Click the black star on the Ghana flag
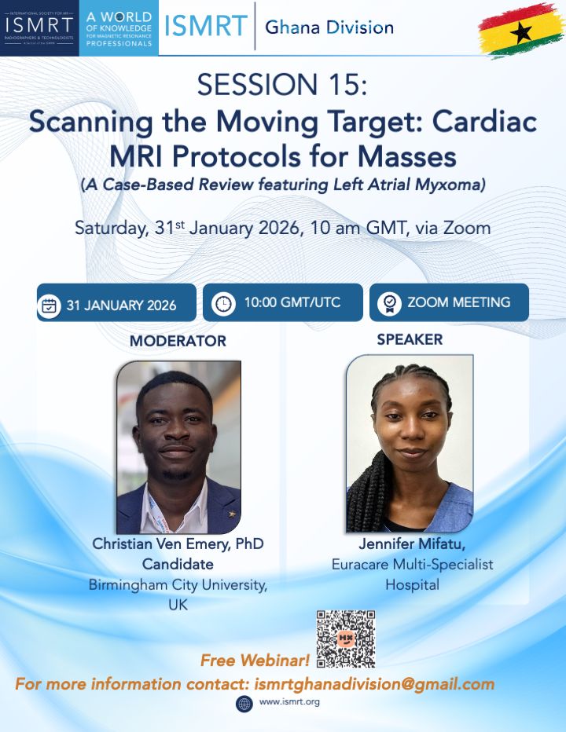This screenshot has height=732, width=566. (520, 32)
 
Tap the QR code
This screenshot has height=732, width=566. (346, 639)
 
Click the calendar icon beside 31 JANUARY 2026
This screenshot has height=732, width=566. (49, 306)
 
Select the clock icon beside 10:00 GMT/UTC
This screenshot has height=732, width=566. (223, 303)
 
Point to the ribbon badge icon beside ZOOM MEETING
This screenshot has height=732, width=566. (390, 303)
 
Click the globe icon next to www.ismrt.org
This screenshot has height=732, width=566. (244, 704)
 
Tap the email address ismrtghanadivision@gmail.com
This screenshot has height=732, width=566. (374, 684)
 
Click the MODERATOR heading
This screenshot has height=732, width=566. (178, 341)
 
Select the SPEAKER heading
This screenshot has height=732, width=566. (410, 339)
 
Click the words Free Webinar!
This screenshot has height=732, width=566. (255, 660)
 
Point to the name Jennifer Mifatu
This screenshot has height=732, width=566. (412, 544)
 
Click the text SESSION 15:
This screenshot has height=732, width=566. (282, 85)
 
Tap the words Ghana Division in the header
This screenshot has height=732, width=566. (329, 27)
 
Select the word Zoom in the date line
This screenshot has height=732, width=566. (467, 228)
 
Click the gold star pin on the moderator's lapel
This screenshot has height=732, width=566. (231, 514)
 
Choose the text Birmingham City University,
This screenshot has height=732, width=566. (178, 585)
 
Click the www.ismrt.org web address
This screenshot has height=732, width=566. (289, 701)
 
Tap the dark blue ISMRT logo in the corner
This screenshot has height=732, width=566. (40, 28)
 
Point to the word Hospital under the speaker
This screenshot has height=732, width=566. (412, 584)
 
